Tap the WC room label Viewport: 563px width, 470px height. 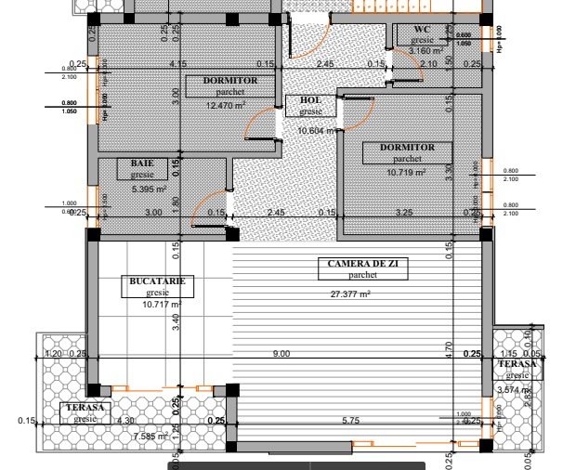click(422, 30)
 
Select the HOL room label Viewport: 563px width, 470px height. click(309, 100)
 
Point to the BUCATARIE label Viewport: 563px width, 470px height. click(154, 281)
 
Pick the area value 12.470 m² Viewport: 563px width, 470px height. click(226, 106)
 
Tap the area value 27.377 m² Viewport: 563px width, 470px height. click(352, 294)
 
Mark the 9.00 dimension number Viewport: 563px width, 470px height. click(281, 354)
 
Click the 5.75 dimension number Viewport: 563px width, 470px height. click(350, 421)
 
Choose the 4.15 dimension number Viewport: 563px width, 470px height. click(178, 63)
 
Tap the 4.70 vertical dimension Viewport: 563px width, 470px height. click(449, 349)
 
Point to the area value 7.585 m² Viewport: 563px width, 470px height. click(149, 437)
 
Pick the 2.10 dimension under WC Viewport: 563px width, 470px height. click(428, 63)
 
